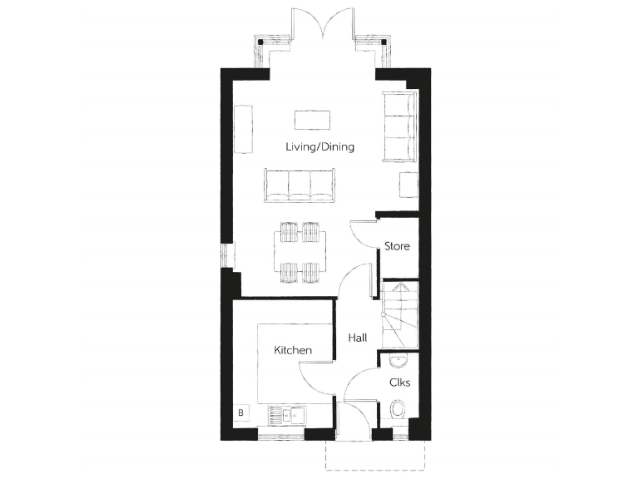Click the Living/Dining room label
[319, 147]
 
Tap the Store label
[396, 246]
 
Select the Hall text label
[358, 338]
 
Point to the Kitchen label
[293, 350]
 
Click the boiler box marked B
[241, 412]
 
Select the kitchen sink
[292, 414]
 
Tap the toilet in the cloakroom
[399, 411]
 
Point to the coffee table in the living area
[312, 120]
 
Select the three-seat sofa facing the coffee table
[298, 185]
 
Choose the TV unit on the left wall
[242, 129]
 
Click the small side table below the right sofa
[407, 185]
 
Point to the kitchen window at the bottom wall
[280, 435]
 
